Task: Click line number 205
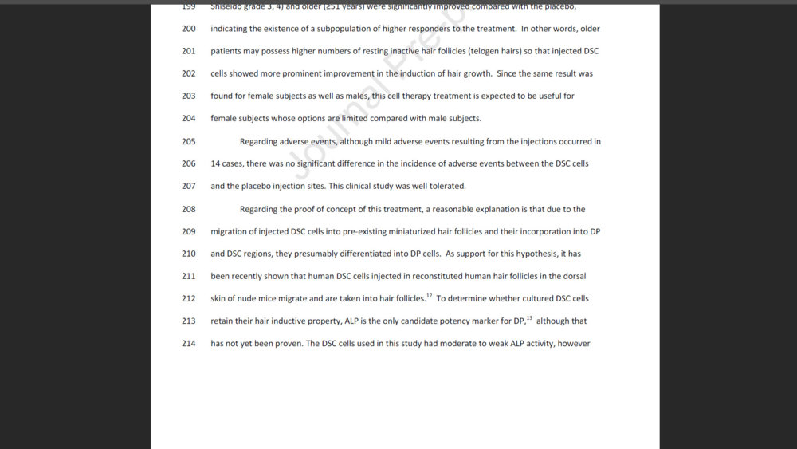pos(188,142)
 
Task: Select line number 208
pos(188,210)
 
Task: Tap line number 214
pos(188,344)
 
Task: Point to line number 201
pos(188,51)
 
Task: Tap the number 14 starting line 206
pos(215,164)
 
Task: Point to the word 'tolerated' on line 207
pos(447,187)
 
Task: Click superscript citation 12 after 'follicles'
pos(430,296)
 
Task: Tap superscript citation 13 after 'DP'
pos(529,318)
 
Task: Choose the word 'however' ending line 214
pos(574,344)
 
